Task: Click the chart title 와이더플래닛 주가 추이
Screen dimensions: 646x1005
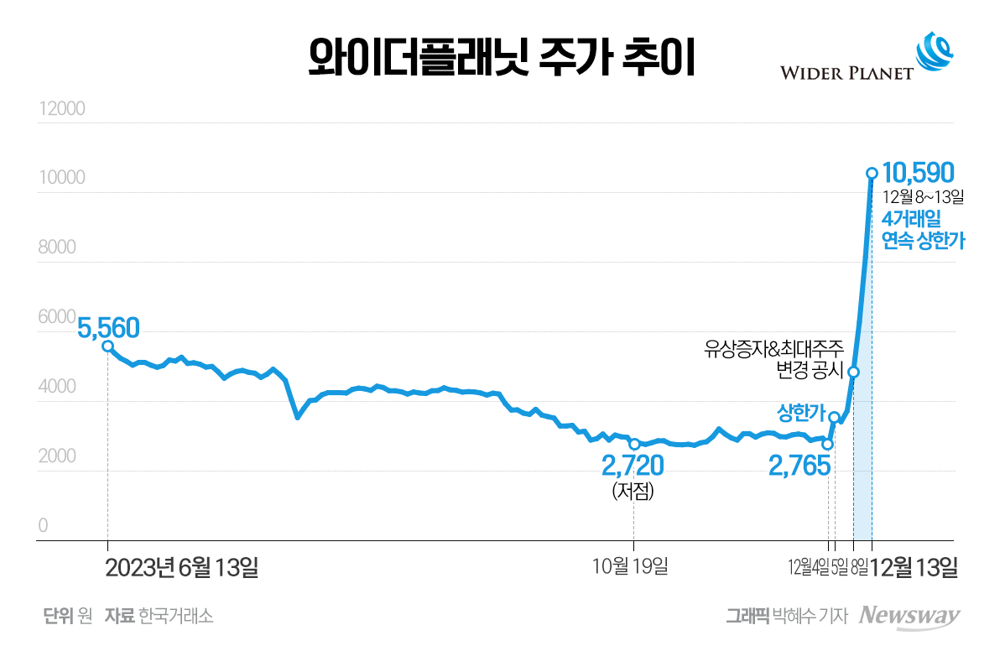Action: (502, 59)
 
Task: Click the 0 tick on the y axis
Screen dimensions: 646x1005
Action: (43, 526)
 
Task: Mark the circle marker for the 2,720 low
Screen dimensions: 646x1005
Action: (633, 444)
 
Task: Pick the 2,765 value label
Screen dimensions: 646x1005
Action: (799, 466)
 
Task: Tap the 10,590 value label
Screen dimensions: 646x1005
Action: (918, 173)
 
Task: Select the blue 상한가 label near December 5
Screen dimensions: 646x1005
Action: (801, 413)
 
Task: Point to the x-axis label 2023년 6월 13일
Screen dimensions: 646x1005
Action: (182, 568)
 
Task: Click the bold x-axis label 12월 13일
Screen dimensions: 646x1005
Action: (915, 568)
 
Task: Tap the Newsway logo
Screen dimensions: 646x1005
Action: (909, 616)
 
